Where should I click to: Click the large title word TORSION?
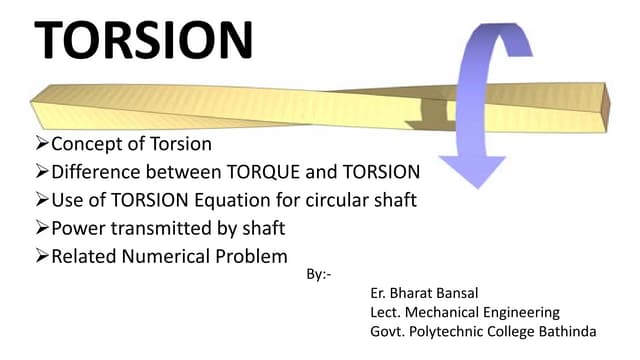pos(144,40)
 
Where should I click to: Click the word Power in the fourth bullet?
pos(77,227)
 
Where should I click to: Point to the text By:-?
pos(315,272)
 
